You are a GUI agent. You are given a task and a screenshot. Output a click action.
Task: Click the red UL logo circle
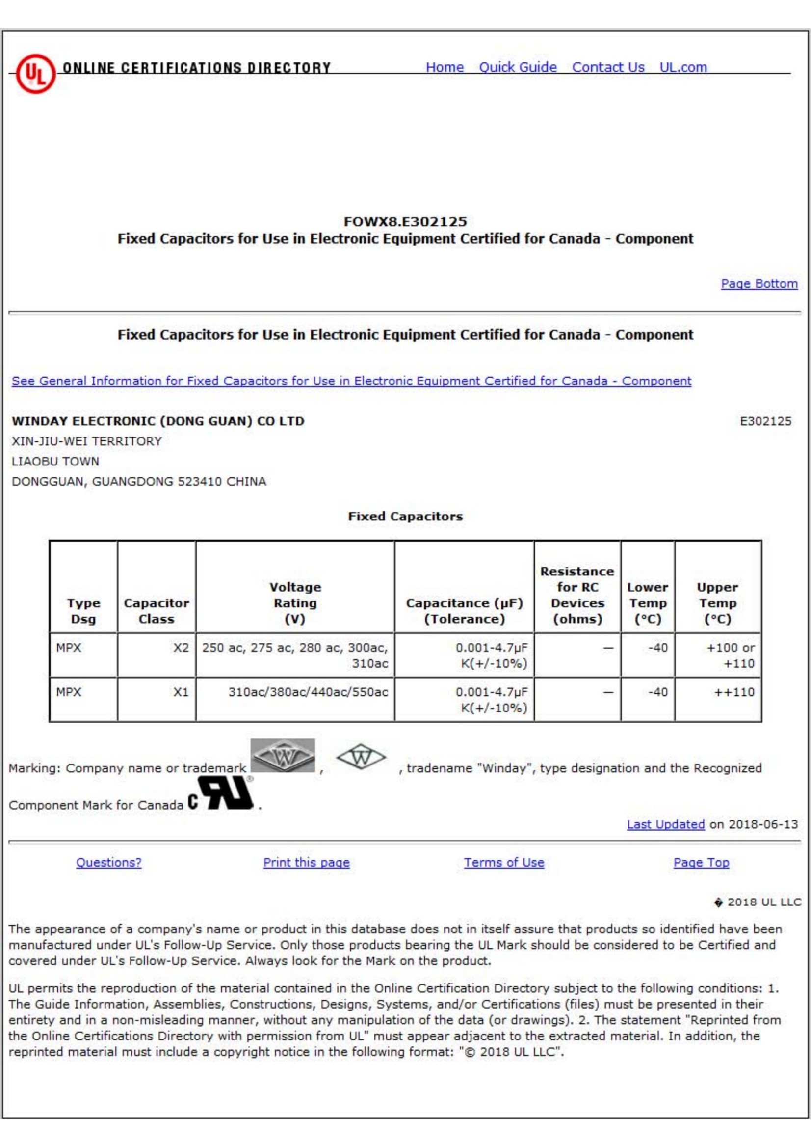coord(35,74)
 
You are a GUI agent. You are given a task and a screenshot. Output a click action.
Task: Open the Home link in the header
coord(444,67)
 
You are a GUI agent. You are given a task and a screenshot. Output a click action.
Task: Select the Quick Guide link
coord(518,67)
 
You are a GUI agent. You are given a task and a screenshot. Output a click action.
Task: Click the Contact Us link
coord(607,67)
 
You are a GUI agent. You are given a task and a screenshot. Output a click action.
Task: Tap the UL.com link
coord(682,67)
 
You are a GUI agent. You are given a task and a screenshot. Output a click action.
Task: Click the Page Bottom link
coord(759,283)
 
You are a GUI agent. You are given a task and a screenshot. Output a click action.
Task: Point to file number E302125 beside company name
coord(765,421)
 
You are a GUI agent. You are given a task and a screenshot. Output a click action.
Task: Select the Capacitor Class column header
coord(157,610)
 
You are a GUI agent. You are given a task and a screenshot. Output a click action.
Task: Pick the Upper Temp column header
coord(717,603)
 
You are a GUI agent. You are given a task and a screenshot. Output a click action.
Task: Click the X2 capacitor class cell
coord(181,648)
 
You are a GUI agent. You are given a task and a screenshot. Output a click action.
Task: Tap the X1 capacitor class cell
coord(181,692)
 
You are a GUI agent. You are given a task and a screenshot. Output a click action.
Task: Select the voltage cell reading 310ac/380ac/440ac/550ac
coord(308,692)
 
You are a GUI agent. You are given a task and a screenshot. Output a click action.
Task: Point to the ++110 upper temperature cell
coord(734,692)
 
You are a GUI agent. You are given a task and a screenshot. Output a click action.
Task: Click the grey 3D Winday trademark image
coord(283,756)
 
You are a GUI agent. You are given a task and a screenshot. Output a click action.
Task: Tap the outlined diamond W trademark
coord(361,758)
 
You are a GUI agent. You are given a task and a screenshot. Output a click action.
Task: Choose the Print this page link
coord(306,863)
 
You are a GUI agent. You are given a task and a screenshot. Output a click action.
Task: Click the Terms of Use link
coord(504,863)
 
